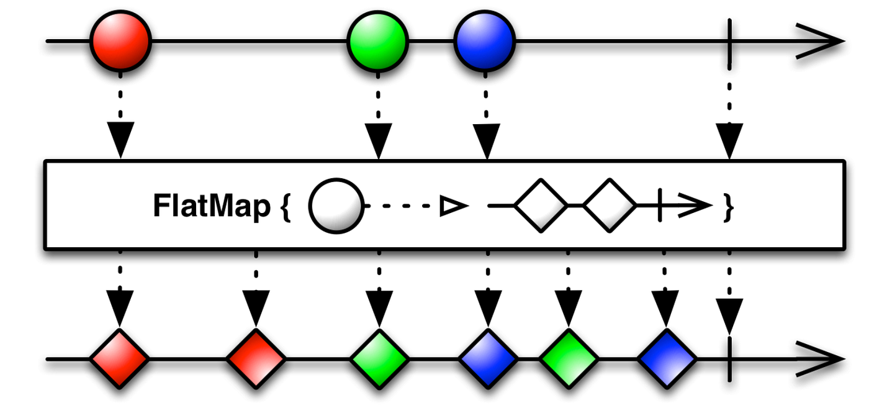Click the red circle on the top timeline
click(x=120, y=42)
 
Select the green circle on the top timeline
click(x=377, y=42)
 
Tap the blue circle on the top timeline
click(x=484, y=42)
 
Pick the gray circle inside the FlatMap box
click(x=336, y=207)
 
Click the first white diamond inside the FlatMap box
click(x=541, y=205)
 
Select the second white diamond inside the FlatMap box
click(x=610, y=205)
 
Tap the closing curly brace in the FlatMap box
click(x=729, y=208)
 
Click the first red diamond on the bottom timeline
click(x=120, y=359)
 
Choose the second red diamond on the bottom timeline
click(x=256, y=359)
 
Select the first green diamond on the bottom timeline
click(x=379, y=359)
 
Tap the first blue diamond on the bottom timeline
click(x=488, y=359)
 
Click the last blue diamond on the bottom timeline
click(x=667, y=359)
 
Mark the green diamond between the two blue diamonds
click(x=568, y=359)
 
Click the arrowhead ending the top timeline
click(x=826, y=42)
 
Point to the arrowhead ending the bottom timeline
click(x=826, y=359)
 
